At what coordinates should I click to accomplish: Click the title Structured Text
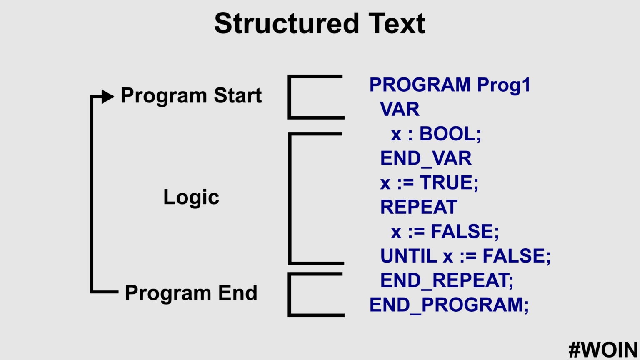point(320,24)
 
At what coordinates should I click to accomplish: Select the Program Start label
point(191,96)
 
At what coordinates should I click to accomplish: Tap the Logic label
point(191,197)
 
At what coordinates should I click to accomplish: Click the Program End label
point(191,293)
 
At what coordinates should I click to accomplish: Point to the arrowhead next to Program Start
point(107,97)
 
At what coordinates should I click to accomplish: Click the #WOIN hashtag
point(603,349)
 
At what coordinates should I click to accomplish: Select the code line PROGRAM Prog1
point(450,85)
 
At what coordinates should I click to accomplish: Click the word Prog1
point(503,85)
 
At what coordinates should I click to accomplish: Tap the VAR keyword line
point(400,110)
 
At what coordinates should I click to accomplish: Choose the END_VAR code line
point(425,158)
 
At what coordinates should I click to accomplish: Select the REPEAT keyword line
point(419,207)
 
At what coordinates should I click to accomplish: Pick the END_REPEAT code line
point(446,280)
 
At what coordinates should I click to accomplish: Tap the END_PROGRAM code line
point(449,305)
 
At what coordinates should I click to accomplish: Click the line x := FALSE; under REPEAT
point(445,232)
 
